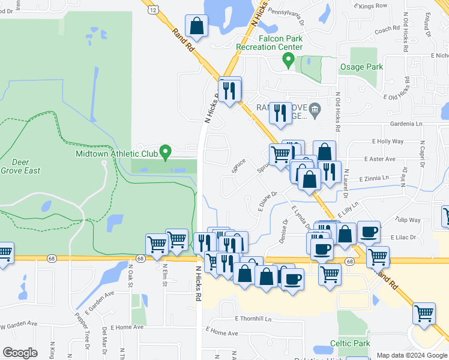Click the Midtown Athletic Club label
coord(116,154)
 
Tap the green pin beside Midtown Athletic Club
coord(167,152)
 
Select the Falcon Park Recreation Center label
coord(268,43)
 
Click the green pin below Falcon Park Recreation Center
coord(288,60)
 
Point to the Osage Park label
coord(361,67)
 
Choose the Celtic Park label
coord(349,344)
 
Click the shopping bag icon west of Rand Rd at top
coord(196,26)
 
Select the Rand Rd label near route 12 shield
coord(184,40)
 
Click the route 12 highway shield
coord(154,10)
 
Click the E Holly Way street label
coord(388,141)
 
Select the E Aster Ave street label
coord(379,159)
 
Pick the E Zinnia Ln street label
coord(374,178)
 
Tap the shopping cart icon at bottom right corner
coord(424,314)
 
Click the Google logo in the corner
coord(20,353)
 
